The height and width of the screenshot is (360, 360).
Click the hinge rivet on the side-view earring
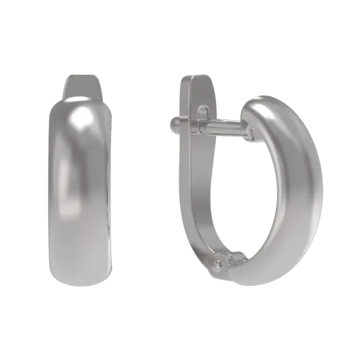(217, 266)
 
